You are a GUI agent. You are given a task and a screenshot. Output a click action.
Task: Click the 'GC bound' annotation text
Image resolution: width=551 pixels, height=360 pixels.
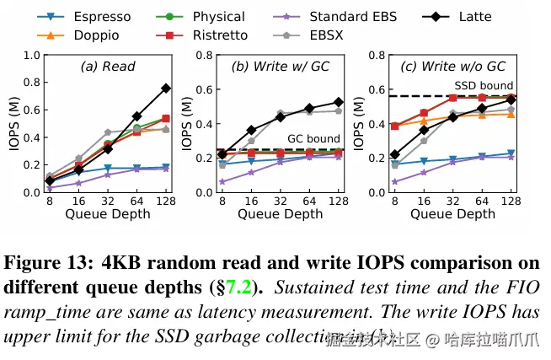click(314, 139)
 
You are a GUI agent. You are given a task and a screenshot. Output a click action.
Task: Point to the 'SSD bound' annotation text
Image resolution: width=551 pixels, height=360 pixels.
click(484, 85)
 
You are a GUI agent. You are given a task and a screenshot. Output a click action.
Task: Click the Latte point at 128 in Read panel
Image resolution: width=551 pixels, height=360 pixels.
click(166, 88)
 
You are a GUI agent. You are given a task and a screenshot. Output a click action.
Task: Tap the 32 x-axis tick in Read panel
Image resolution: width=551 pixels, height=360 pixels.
click(107, 202)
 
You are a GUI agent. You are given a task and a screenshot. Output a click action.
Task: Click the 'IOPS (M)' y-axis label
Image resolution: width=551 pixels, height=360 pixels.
click(13, 123)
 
